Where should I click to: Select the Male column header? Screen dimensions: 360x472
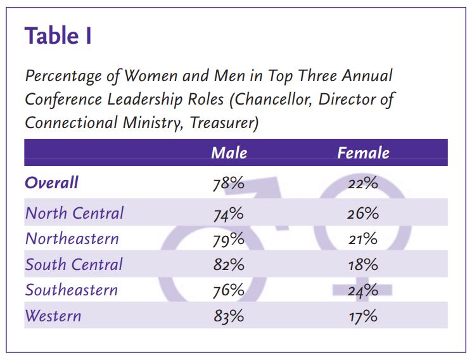click(229, 153)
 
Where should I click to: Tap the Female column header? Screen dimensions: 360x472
click(363, 153)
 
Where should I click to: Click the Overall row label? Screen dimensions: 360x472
click(52, 183)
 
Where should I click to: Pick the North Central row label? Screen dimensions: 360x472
click(74, 214)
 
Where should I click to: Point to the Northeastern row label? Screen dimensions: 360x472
click(72, 239)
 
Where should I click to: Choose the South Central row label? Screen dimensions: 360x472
click(73, 264)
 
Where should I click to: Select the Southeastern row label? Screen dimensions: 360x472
click(71, 290)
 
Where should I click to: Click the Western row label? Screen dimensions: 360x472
click(53, 316)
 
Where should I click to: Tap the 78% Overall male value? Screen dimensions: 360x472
click(228, 184)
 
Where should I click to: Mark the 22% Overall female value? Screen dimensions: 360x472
click(362, 184)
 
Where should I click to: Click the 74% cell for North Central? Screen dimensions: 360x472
click(228, 214)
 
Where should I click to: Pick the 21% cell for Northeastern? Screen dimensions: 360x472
click(362, 240)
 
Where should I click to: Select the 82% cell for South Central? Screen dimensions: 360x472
click(228, 265)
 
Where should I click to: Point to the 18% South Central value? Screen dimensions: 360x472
click(362, 265)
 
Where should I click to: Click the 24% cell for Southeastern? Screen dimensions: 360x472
click(362, 291)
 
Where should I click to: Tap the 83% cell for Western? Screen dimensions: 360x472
click(228, 316)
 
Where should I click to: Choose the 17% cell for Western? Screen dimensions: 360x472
click(362, 316)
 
